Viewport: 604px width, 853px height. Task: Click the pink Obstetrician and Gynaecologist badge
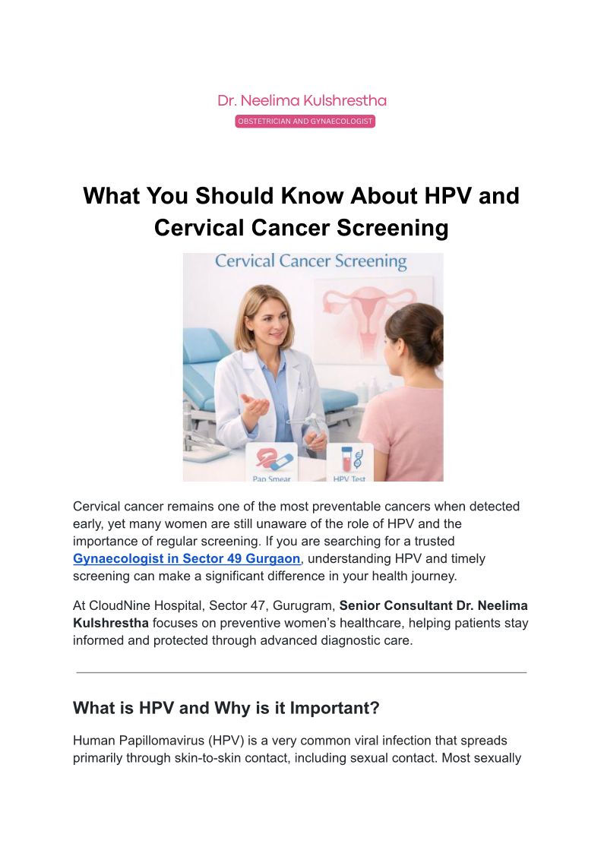click(x=305, y=122)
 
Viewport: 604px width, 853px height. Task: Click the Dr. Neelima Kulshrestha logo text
click(x=302, y=100)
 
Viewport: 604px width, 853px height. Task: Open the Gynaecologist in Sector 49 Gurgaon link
click(x=187, y=559)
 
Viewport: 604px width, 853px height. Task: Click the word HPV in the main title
click(x=447, y=196)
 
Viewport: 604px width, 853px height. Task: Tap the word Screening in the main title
click(x=392, y=228)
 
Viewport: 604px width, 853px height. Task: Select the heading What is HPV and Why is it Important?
click(x=226, y=708)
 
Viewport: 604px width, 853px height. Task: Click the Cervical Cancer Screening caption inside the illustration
click(x=311, y=261)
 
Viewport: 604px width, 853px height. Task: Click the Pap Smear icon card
click(x=271, y=463)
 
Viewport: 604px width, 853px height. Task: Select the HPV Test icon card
click(x=349, y=463)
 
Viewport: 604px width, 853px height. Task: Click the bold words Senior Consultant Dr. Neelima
click(x=434, y=605)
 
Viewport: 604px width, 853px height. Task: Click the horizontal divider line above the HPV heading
click(x=302, y=672)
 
